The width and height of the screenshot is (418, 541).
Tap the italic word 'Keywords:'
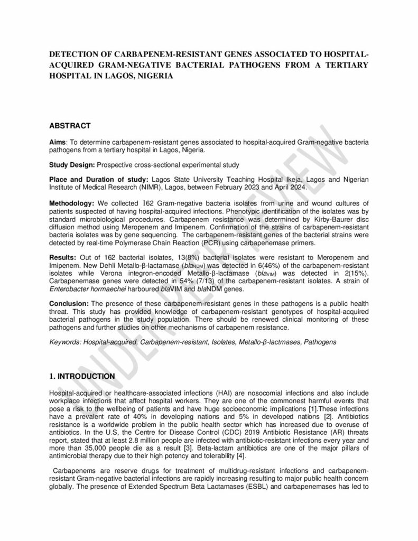coord(65,342)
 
